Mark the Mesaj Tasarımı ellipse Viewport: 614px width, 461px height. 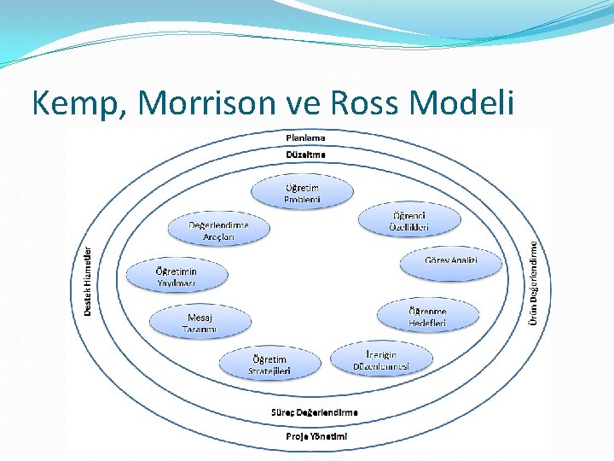[x=201, y=322]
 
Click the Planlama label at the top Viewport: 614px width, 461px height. [x=304, y=137]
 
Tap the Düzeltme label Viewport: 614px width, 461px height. [x=304, y=155]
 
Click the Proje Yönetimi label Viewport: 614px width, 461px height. [x=316, y=436]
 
